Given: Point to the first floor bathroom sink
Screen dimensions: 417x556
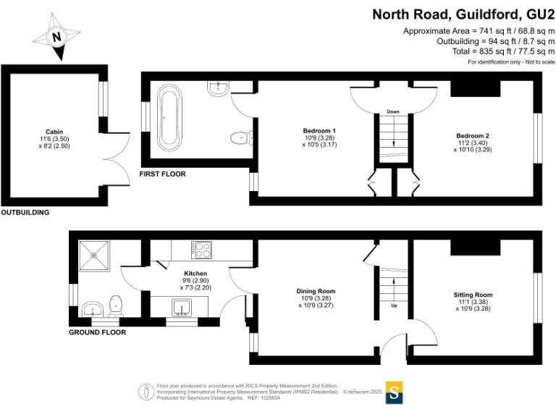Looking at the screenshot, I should (x=218, y=88).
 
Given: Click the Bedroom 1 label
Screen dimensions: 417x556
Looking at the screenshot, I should (x=319, y=131).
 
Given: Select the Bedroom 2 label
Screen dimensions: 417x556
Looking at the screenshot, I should (x=472, y=135).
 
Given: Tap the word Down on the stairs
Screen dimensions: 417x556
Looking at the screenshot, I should (x=393, y=112).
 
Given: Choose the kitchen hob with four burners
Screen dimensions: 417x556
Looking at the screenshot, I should (x=201, y=250).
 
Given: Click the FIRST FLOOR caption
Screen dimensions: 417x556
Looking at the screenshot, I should (x=163, y=174).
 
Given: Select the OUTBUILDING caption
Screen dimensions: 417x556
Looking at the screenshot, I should (x=25, y=213).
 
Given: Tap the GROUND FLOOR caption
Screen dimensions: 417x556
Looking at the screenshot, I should (x=97, y=333).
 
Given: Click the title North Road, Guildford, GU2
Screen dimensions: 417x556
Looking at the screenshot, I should (x=463, y=14).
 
